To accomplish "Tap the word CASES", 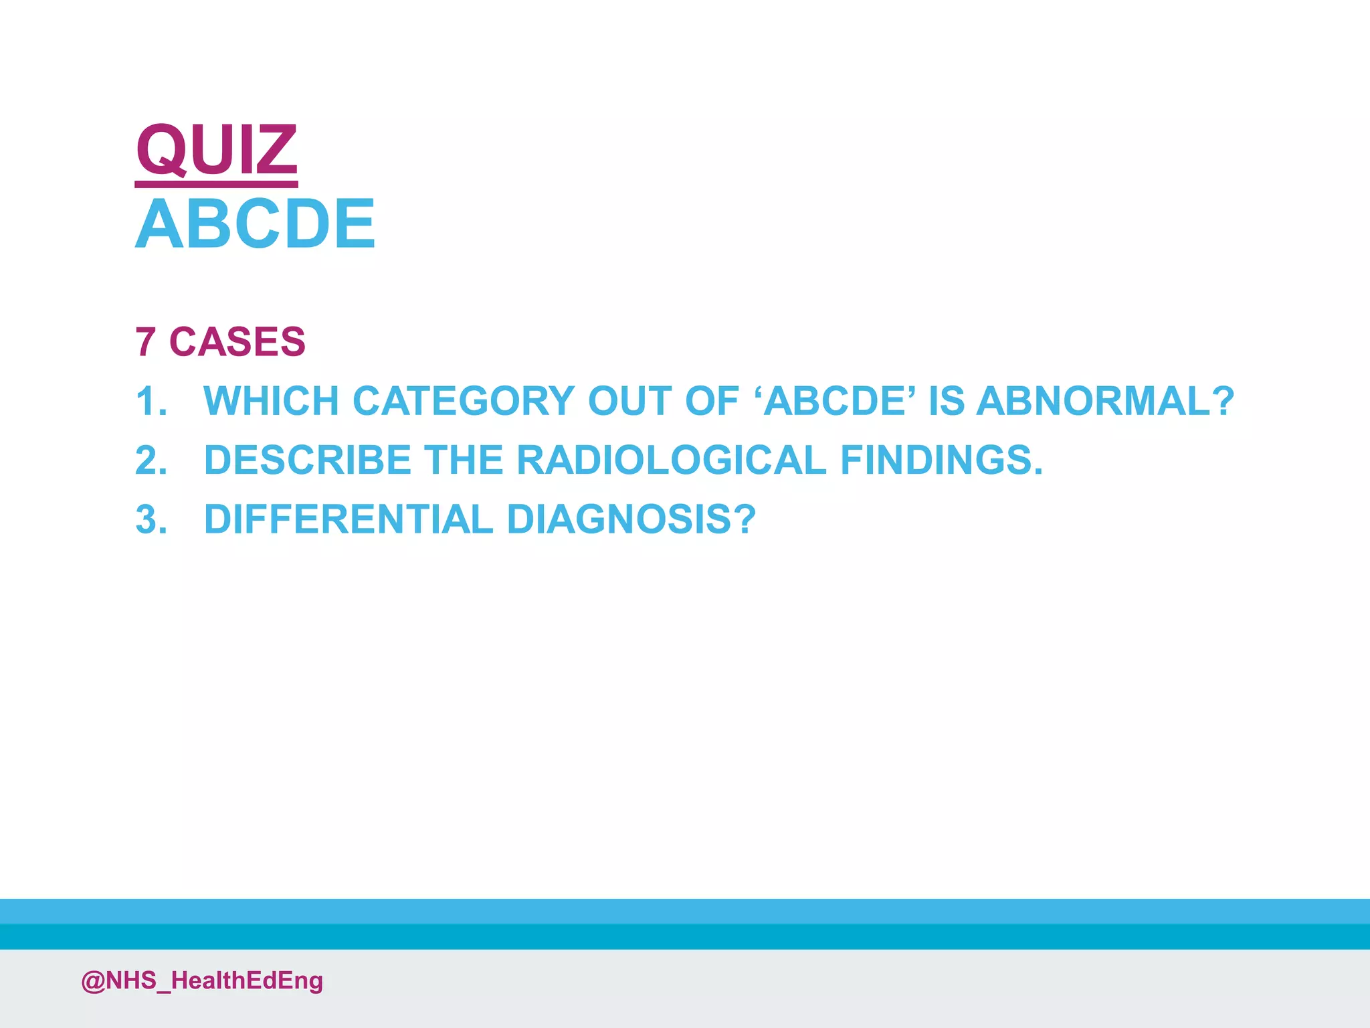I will [x=237, y=342].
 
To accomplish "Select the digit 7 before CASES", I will [x=145, y=342].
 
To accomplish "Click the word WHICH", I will [x=271, y=401].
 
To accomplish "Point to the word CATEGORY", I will [x=463, y=401].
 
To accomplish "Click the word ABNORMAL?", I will [x=1104, y=401].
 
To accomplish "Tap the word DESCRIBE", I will [x=307, y=460].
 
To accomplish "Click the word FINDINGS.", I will [x=941, y=460].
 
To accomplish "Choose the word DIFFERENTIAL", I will [x=349, y=519].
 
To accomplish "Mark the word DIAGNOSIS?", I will [x=631, y=519].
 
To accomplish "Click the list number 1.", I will [x=151, y=402].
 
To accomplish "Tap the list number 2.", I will [x=151, y=461].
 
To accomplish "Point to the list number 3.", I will [x=151, y=520].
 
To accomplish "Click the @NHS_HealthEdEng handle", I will [x=202, y=980].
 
